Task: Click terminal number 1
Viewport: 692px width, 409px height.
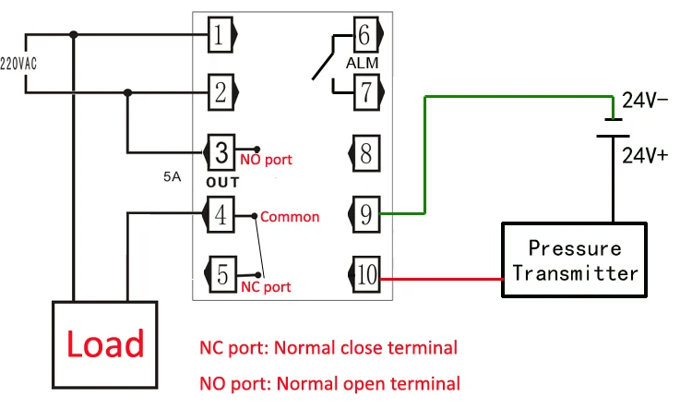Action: point(220,36)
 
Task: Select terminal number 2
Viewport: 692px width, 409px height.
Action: point(220,91)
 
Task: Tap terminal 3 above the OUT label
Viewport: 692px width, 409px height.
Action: point(221,151)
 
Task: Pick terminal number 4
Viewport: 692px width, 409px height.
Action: point(220,215)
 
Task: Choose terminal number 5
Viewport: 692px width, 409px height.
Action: point(221,274)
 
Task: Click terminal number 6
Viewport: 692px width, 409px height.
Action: point(364,36)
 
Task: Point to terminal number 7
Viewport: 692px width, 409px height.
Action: point(364,91)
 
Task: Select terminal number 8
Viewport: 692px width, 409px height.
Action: point(365,151)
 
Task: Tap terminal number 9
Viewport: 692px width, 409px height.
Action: point(365,215)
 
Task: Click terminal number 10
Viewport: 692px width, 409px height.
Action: point(365,274)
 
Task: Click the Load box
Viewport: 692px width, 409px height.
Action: point(103,343)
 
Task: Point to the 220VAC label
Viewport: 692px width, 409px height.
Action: point(12,65)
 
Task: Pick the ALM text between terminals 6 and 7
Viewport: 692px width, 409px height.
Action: point(362,64)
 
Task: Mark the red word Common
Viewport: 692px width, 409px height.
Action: point(290,217)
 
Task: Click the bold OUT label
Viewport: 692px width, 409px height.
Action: point(222,182)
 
